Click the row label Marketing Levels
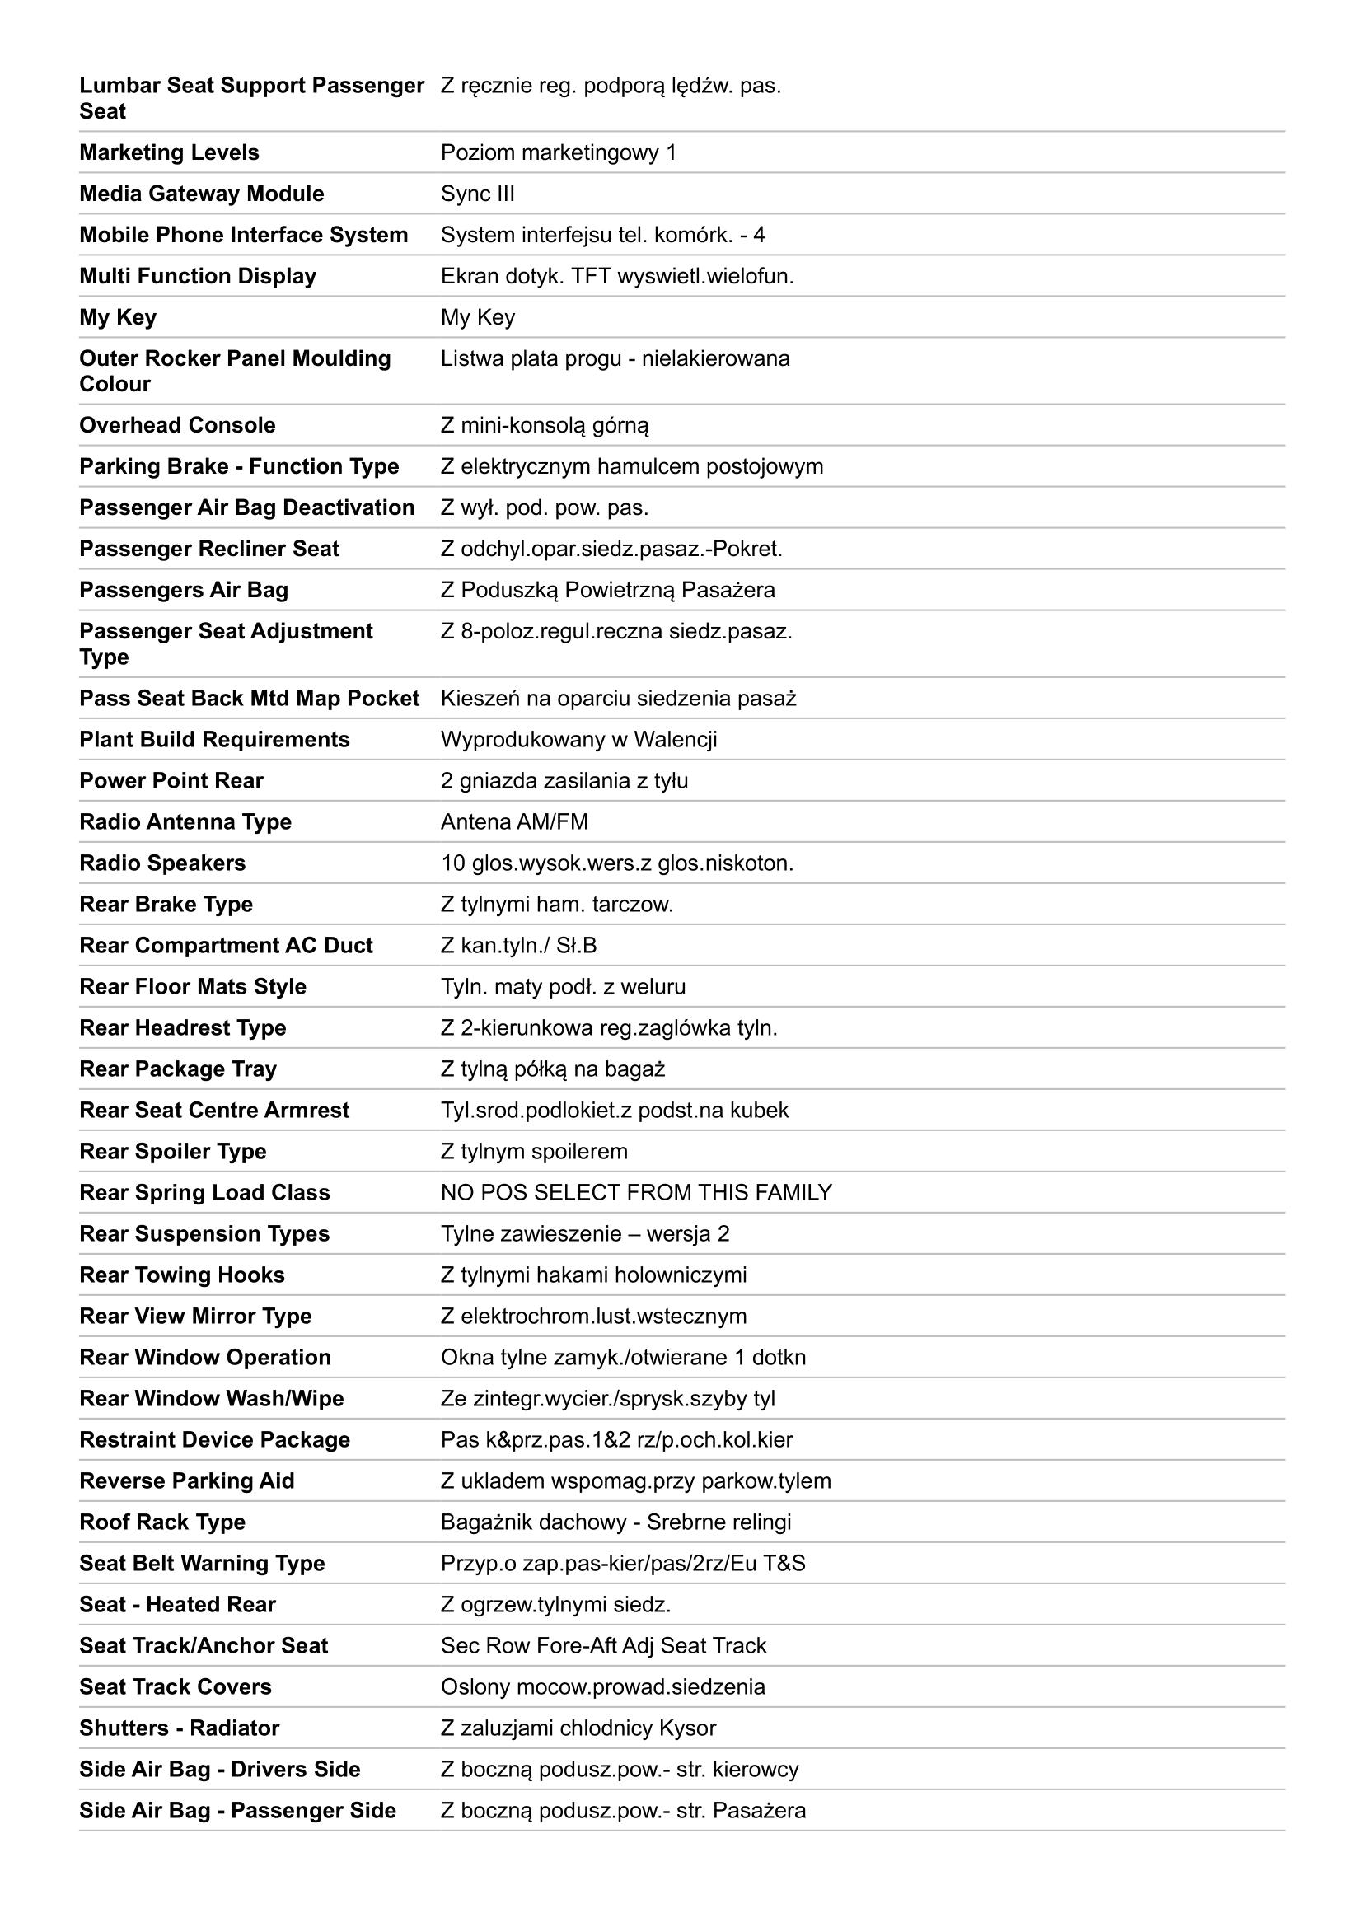coord(169,152)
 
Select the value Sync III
coord(478,194)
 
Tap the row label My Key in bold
coord(118,317)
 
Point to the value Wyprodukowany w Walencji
coord(578,739)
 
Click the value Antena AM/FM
coord(514,821)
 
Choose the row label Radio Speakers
coord(162,863)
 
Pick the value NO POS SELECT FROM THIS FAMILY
coord(636,1193)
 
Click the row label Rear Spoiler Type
coord(172,1152)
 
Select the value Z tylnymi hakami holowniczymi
coord(593,1275)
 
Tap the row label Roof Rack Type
coord(162,1522)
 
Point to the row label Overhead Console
coord(177,425)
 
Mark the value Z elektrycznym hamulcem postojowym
coord(632,466)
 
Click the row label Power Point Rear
coord(171,780)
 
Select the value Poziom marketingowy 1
coord(558,152)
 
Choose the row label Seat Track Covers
coord(176,1687)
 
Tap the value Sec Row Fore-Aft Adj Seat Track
coord(603,1646)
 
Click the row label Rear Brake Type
coord(166,904)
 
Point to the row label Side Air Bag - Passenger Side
coord(237,1810)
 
